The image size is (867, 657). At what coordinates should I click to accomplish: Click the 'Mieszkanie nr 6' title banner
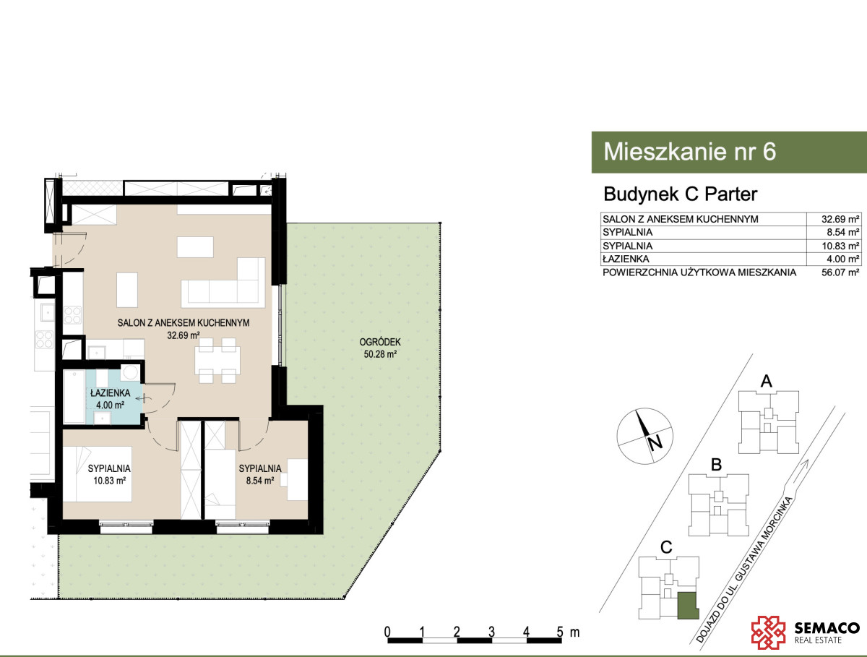pyautogui.click(x=729, y=152)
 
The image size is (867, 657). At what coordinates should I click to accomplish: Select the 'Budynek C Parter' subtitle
pyautogui.click(x=680, y=194)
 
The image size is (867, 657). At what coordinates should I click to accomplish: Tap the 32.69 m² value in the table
pyautogui.click(x=840, y=219)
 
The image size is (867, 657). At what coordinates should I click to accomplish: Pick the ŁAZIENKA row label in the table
pyautogui.click(x=626, y=259)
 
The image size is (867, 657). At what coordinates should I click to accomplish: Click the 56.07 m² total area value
pyautogui.click(x=840, y=272)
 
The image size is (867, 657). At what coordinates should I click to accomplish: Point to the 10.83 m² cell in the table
pyautogui.click(x=840, y=246)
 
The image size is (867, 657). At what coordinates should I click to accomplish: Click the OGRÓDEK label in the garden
pyautogui.click(x=380, y=342)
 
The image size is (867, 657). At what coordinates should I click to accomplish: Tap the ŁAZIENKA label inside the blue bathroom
pyautogui.click(x=111, y=392)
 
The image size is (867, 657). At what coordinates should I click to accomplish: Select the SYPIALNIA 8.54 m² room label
pyautogui.click(x=260, y=474)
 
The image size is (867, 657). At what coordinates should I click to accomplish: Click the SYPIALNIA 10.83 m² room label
pyautogui.click(x=109, y=474)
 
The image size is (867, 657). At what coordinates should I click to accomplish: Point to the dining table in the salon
pyautogui.click(x=217, y=361)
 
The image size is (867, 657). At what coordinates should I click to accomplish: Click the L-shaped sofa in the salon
pyautogui.click(x=223, y=283)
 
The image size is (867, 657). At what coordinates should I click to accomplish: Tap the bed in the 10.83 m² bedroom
pyautogui.click(x=97, y=474)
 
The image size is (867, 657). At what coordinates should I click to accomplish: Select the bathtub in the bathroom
pyautogui.click(x=74, y=396)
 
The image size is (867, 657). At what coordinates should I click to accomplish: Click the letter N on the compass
pyautogui.click(x=655, y=443)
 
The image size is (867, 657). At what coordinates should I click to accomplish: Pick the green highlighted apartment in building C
pyautogui.click(x=688, y=606)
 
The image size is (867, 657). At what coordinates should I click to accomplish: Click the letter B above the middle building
pyautogui.click(x=717, y=465)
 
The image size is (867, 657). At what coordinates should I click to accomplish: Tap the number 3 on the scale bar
pyautogui.click(x=491, y=632)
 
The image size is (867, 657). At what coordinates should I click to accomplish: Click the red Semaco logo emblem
pyautogui.click(x=768, y=632)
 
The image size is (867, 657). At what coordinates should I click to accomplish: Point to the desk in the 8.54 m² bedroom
pyautogui.click(x=298, y=480)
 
